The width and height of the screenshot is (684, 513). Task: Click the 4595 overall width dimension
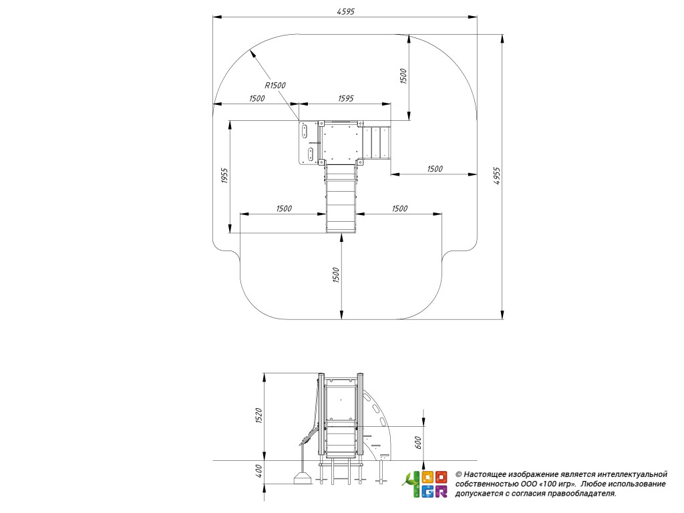345,10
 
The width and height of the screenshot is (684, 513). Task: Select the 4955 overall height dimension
497,176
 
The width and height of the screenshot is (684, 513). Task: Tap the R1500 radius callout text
275,85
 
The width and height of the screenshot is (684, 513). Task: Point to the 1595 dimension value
345,98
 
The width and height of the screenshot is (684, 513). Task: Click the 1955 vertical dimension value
224,177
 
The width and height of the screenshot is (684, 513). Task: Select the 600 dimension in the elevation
418,442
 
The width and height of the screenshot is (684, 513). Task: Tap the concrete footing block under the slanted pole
302,478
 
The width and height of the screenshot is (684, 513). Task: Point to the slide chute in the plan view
341,199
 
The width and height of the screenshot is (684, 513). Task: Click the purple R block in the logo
441,492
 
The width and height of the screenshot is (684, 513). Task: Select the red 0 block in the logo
441,477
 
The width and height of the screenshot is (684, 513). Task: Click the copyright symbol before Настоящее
458,473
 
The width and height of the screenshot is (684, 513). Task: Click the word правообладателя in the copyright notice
581,494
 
